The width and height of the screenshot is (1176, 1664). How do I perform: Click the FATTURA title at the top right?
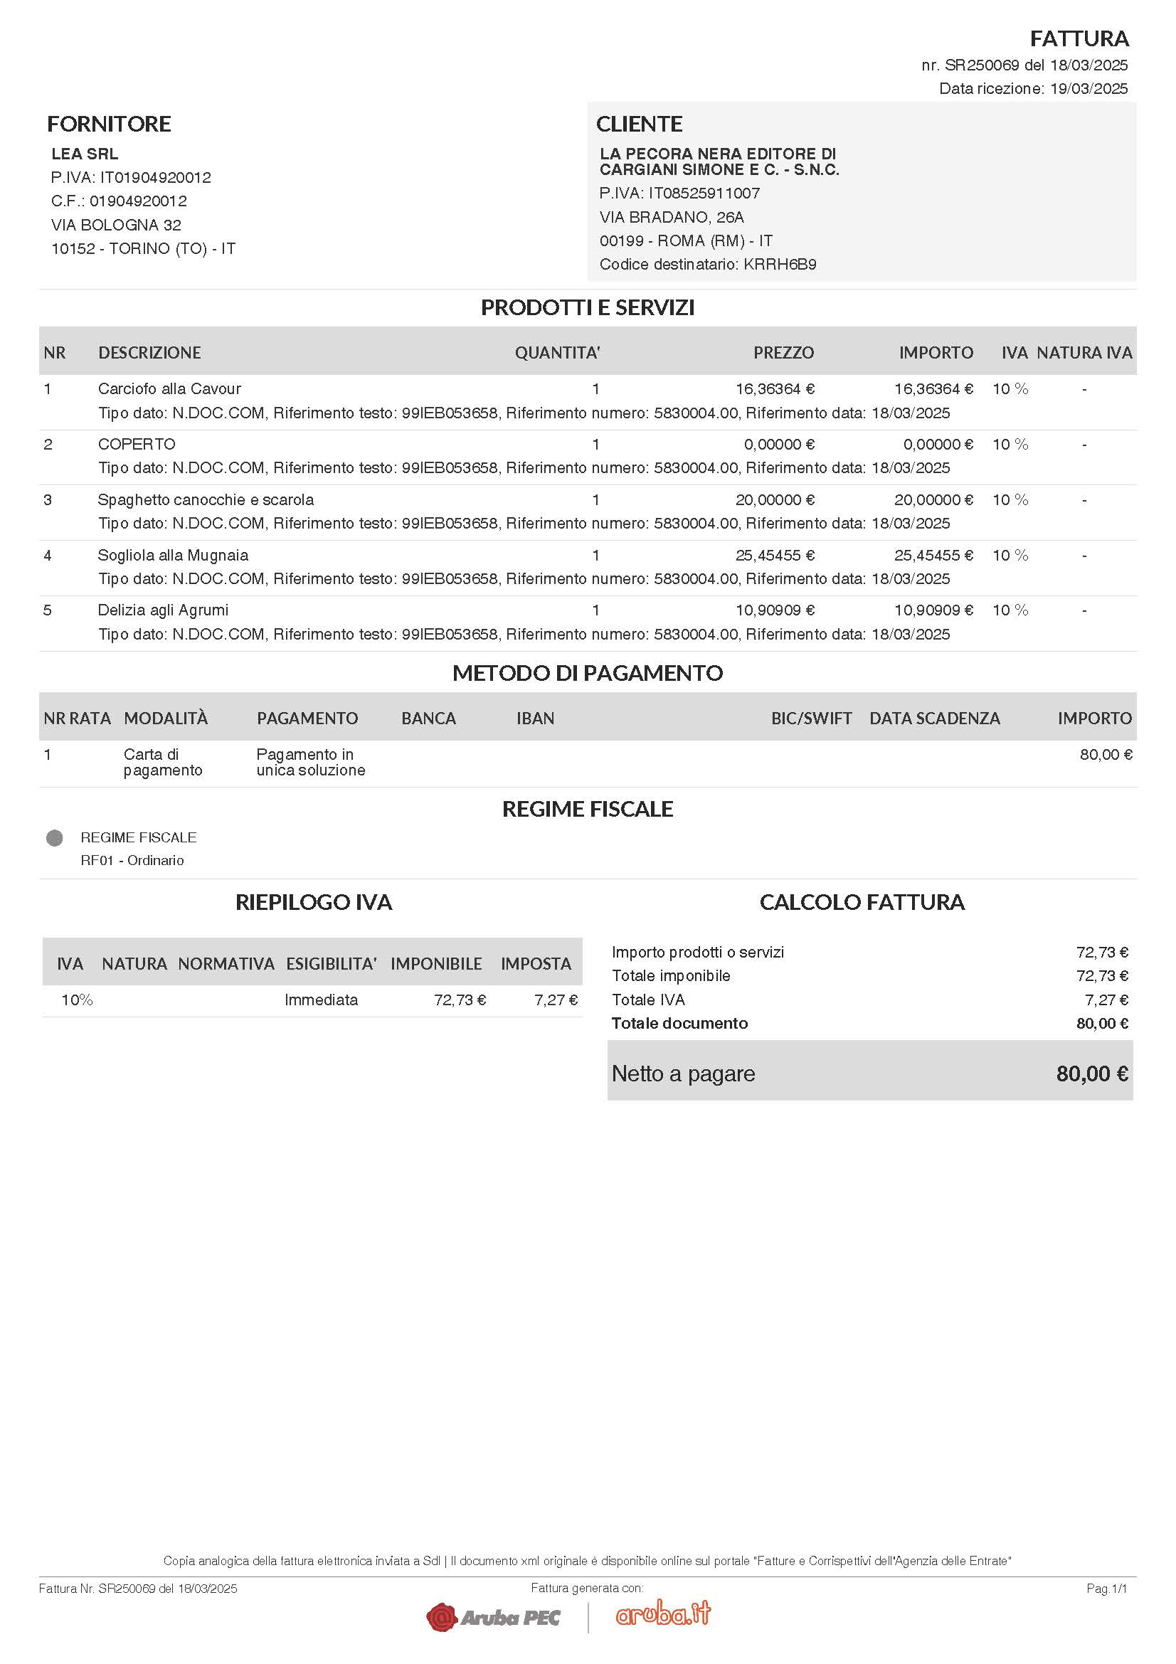tap(1079, 38)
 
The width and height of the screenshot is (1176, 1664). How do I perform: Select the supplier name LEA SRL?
tap(85, 154)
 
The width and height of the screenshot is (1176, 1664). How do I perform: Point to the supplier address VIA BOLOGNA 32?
tap(116, 225)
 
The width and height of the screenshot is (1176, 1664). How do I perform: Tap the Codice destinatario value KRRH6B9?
tap(780, 265)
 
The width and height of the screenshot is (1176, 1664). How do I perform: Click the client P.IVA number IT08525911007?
tap(704, 194)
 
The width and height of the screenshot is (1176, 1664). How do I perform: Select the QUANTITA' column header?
tap(557, 353)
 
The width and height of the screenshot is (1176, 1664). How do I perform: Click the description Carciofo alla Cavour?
tap(169, 389)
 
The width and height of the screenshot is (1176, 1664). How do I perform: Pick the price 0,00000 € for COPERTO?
tap(779, 444)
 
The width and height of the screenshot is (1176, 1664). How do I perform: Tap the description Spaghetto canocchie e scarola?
tap(206, 500)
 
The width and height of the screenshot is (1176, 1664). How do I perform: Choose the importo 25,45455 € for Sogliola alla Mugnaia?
tap(933, 556)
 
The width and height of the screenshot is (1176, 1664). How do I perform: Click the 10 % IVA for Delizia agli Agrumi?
tap(1010, 610)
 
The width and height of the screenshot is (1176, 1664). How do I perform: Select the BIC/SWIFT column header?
tap(811, 719)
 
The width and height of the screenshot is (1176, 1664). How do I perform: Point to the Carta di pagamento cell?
tap(162, 763)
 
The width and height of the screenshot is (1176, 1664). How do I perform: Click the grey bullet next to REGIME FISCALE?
tap(54, 838)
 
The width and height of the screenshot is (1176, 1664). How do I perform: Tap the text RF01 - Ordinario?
tap(132, 860)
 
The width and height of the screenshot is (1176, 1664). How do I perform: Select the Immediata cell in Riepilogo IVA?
tap(321, 1000)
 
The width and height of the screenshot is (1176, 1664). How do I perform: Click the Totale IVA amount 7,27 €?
tap(1106, 1000)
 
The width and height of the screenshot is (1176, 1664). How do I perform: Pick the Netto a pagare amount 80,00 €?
tap(1091, 1074)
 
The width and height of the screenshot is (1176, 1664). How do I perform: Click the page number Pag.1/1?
tap(1106, 1589)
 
